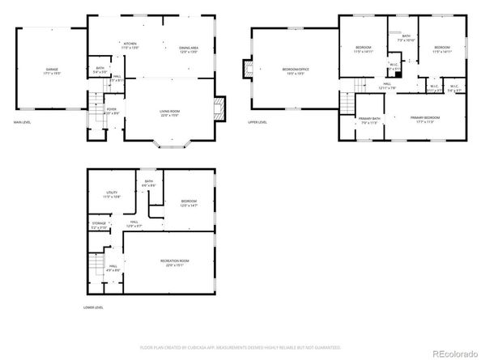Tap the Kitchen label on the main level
pos(130,46)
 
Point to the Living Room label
pos(168,112)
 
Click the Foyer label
pos(111,110)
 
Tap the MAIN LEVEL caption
pos(22,122)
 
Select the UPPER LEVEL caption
pos(258,122)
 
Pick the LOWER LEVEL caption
pos(93,307)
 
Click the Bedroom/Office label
pos(296,71)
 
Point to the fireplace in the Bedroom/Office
pos(246,70)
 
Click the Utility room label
pos(112,195)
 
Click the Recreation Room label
pos(177,262)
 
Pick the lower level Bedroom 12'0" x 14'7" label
pos(189,203)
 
